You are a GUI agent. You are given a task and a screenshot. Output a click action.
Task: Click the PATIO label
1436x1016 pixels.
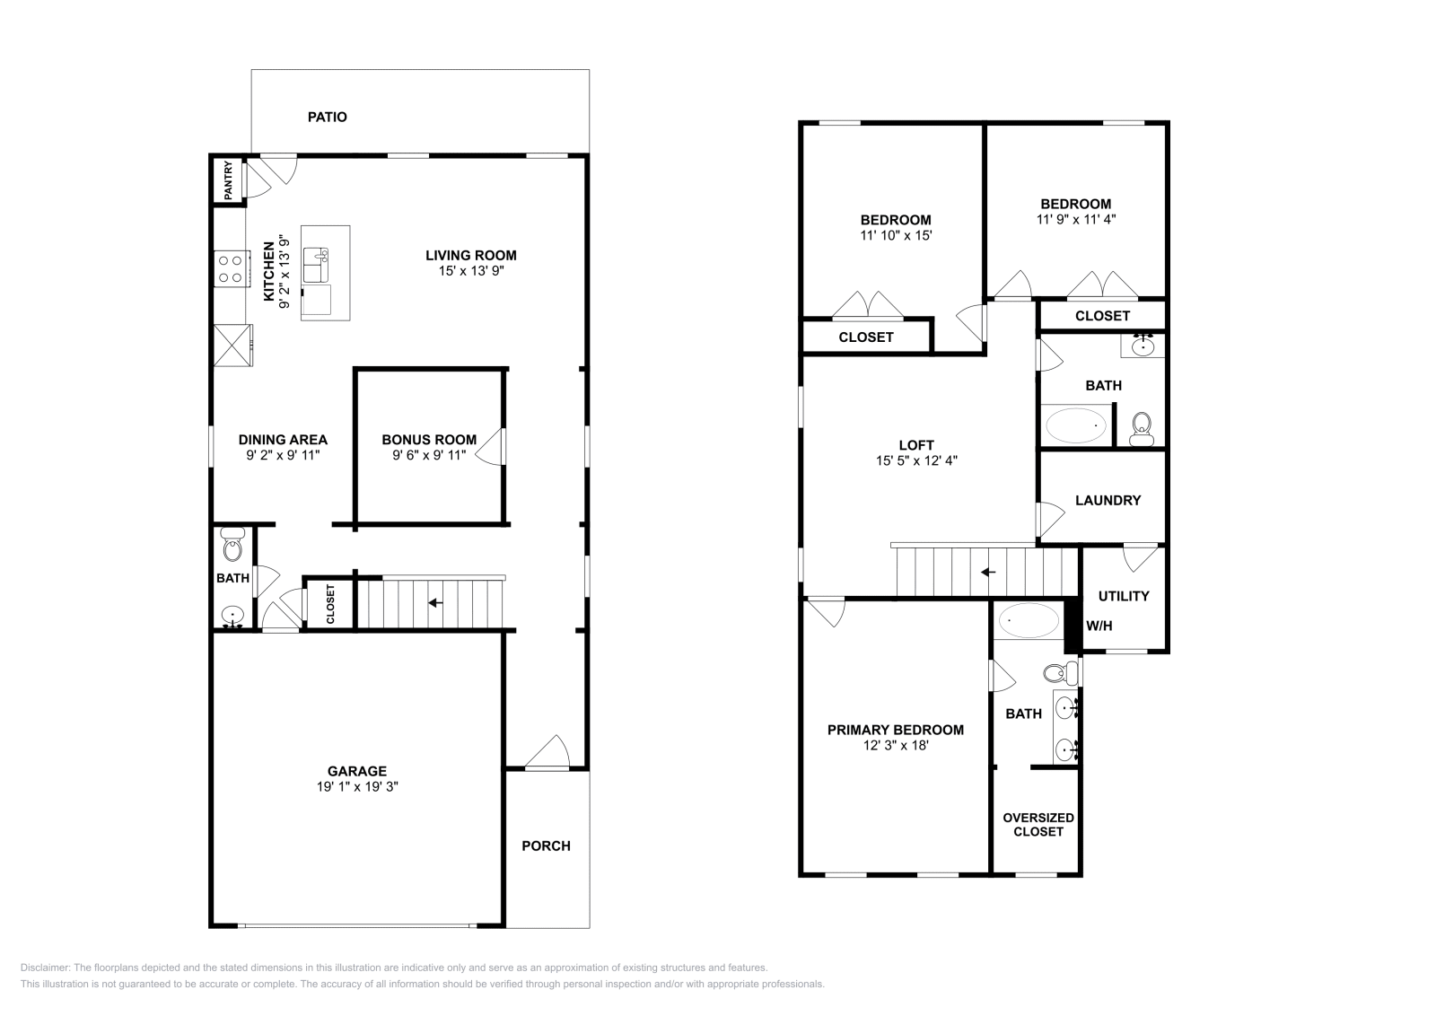coord(327,117)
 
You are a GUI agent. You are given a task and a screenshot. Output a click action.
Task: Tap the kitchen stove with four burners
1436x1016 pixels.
coord(230,268)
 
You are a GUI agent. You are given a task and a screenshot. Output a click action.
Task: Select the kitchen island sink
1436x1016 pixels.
coord(316,266)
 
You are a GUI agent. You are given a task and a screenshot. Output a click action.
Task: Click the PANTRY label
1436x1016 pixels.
coord(229,180)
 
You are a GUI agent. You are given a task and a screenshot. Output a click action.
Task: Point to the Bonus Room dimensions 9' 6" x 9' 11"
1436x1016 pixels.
coord(429,455)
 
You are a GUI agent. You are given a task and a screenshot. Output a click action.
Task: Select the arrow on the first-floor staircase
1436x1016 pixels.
coord(435,602)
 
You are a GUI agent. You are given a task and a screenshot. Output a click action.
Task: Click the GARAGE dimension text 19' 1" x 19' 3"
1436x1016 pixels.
coord(356,786)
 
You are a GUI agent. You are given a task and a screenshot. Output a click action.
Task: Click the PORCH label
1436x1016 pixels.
coord(546,845)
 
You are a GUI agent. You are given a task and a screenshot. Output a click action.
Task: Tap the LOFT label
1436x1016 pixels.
coord(916,445)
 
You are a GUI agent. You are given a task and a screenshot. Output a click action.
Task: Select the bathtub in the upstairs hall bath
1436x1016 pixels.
coord(1076,425)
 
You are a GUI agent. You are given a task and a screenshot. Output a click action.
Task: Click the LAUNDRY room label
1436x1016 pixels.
coord(1108,500)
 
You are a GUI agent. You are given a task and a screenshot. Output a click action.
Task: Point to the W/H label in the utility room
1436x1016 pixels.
coord(1099,626)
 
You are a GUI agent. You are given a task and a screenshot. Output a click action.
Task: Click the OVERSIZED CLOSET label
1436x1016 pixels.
coord(1038,824)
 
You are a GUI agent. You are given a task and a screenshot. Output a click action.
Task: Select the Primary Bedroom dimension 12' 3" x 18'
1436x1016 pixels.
coord(896,745)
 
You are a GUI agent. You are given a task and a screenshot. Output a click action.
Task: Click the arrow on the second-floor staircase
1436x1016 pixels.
coord(988,572)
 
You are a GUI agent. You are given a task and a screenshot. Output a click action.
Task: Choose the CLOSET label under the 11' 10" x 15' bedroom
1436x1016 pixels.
coord(865,337)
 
